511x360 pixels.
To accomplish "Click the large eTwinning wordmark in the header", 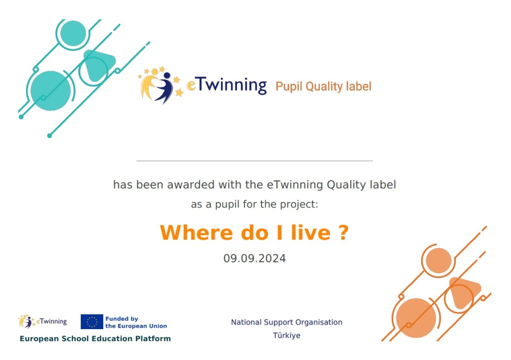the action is pyautogui.click(x=227, y=85).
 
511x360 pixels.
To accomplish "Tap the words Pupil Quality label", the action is pyautogui.click(x=323, y=87).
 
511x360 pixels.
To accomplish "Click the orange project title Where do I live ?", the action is pyautogui.click(x=254, y=233).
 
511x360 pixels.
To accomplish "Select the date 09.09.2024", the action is pyautogui.click(x=255, y=258).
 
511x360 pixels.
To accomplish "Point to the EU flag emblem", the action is pyautogui.click(x=92, y=322).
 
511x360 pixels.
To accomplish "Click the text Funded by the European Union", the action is pyautogui.click(x=136, y=322).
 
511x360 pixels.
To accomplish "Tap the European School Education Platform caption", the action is pyautogui.click(x=95, y=339).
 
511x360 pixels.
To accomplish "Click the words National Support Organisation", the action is pyautogui.click(x=287, y=322).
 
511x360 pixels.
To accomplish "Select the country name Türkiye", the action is pyautogui.click(x=287, y=335).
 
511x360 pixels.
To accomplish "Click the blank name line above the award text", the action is pyautogui.click(x=255, y=161).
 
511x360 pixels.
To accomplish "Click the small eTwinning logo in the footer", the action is pyautogui.click(x=43, y=322).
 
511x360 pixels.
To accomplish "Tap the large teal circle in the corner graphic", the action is pyautogui.click(x=50, y=91).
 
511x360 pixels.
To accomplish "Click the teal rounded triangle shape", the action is pyautogui.click(x=98, y=65).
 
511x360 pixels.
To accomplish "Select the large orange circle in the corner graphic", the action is pyautogui.click(x=416, y=318).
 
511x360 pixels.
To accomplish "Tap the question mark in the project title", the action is pyautogui.click(x=342, y=233).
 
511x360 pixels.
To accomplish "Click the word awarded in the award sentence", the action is pyautogui.click(x=191, y=185).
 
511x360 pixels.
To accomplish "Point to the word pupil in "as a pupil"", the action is pyautogui.click(x=227, y=205).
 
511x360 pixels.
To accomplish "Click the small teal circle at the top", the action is pyautogui.click(x=73, y=33).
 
